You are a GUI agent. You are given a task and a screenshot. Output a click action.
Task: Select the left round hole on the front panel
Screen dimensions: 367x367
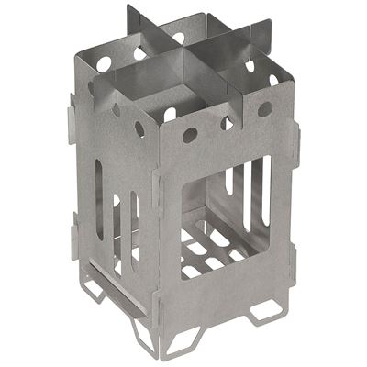click(190, 135)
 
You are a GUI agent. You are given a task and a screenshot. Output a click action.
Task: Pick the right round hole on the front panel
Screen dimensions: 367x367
click(265, 109)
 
